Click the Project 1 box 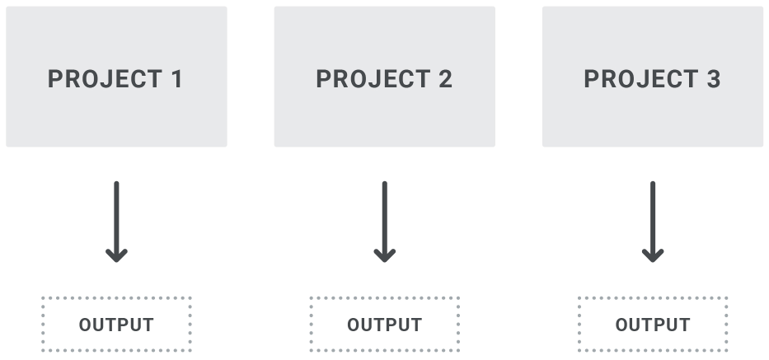coord(116,77)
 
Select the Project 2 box coord(384,77)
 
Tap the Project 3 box coord(653,77)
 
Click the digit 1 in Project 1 coord(176,79)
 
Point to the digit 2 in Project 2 coord(445,79)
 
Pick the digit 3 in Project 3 coord(713,79)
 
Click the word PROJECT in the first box coord(105,79)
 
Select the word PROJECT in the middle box coord(373,79)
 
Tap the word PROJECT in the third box coord(641,79)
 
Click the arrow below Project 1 coord(116,222)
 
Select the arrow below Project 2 coord(384,222)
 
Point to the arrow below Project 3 coord(653,222)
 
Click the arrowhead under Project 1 coord(116,256)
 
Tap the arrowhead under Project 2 coord(384,256)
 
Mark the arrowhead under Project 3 coord(653,256)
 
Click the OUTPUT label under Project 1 coord(116,325)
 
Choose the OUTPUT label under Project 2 coord(384,325)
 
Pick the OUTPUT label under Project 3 coord(653,325)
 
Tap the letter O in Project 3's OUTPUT coord(622,325)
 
